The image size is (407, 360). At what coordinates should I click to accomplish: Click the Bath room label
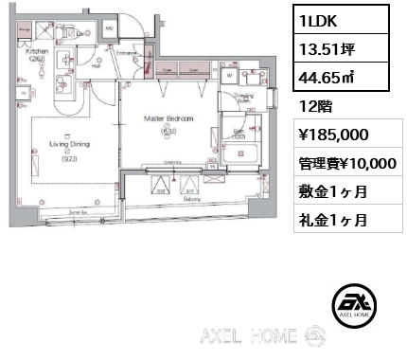[x=238, y=132]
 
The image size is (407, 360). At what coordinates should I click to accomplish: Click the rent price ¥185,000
[x=326, y=135]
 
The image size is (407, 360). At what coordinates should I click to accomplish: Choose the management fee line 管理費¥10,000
[x=343, y=163]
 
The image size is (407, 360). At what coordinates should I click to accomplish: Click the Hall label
[x=97, y=66]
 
